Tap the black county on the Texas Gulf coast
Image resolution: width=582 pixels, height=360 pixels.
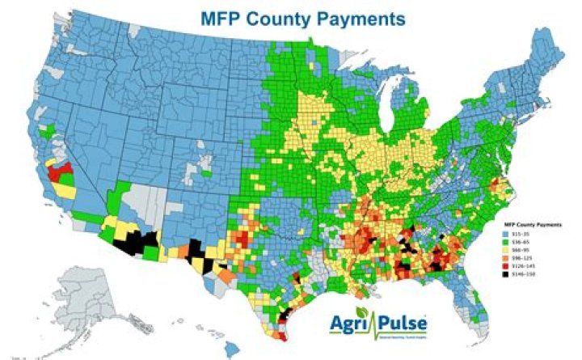tap(284, 317)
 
